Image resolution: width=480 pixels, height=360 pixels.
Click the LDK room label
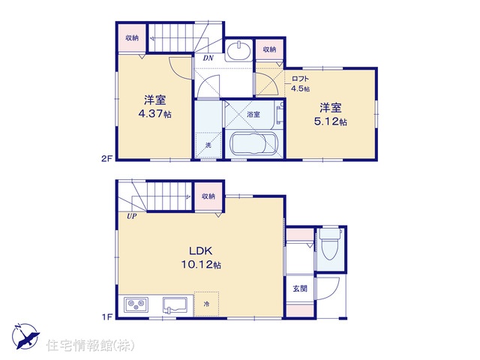201,251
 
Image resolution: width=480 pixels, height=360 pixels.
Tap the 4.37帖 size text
155,114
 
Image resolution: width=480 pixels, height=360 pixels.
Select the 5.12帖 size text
331,121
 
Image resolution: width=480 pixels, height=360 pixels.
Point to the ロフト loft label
300,79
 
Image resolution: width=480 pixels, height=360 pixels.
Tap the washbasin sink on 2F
238,49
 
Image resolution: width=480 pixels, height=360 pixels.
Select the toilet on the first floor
330,244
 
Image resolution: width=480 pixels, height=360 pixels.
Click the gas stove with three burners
136,304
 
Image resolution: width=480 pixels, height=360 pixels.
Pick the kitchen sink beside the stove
175,305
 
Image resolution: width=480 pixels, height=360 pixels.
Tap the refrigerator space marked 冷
207,304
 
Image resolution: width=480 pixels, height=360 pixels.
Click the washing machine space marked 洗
208,145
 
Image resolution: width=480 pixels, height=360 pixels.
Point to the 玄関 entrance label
300,288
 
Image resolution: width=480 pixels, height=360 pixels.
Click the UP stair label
132,217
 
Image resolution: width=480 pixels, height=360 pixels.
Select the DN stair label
208,58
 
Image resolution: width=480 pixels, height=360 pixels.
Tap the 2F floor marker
107,159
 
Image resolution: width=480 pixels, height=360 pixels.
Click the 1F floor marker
107,316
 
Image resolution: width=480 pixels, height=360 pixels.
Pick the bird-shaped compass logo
25,336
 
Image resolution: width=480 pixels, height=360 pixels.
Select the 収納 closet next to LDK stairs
208,196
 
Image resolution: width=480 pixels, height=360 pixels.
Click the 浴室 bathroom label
253,115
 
